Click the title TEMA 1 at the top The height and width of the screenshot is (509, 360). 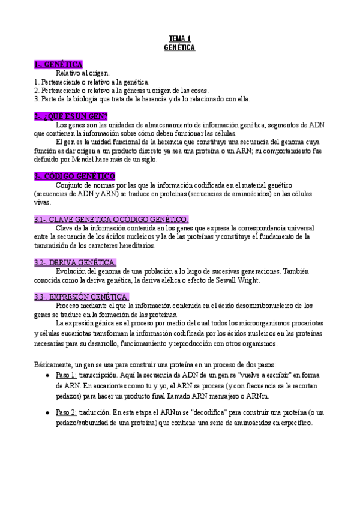(179, 38)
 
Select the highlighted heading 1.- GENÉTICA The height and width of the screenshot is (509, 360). (58, 64)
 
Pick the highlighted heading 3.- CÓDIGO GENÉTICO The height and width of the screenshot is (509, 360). (74, 176)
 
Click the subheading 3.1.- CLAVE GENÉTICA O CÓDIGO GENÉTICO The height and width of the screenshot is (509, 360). (111, 219)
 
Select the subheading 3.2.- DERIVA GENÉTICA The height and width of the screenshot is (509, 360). (75, 262)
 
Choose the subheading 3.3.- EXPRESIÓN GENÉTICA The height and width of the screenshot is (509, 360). (81, 297)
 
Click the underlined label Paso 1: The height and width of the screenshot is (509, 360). (66, 375)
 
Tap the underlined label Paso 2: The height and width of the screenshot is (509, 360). (66, 412)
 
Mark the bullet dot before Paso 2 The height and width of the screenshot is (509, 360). (47, 413)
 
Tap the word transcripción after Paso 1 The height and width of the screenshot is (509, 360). (99, 375)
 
